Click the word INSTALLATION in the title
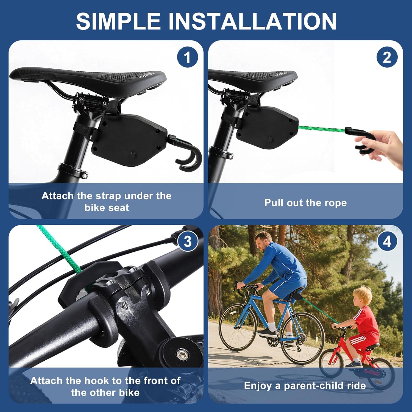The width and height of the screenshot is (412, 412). tap(252, 21)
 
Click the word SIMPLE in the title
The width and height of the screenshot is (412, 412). tap(118, 21)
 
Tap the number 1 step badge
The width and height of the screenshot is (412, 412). tap(188, 57)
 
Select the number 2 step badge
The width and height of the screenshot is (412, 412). tap(387, 57)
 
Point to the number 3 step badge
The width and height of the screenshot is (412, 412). tap(188, 241)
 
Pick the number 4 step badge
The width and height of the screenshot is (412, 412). tap(387, 241)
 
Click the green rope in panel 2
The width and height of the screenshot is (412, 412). tap(321, 129)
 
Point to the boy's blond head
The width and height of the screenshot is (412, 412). tap(362, 296)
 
